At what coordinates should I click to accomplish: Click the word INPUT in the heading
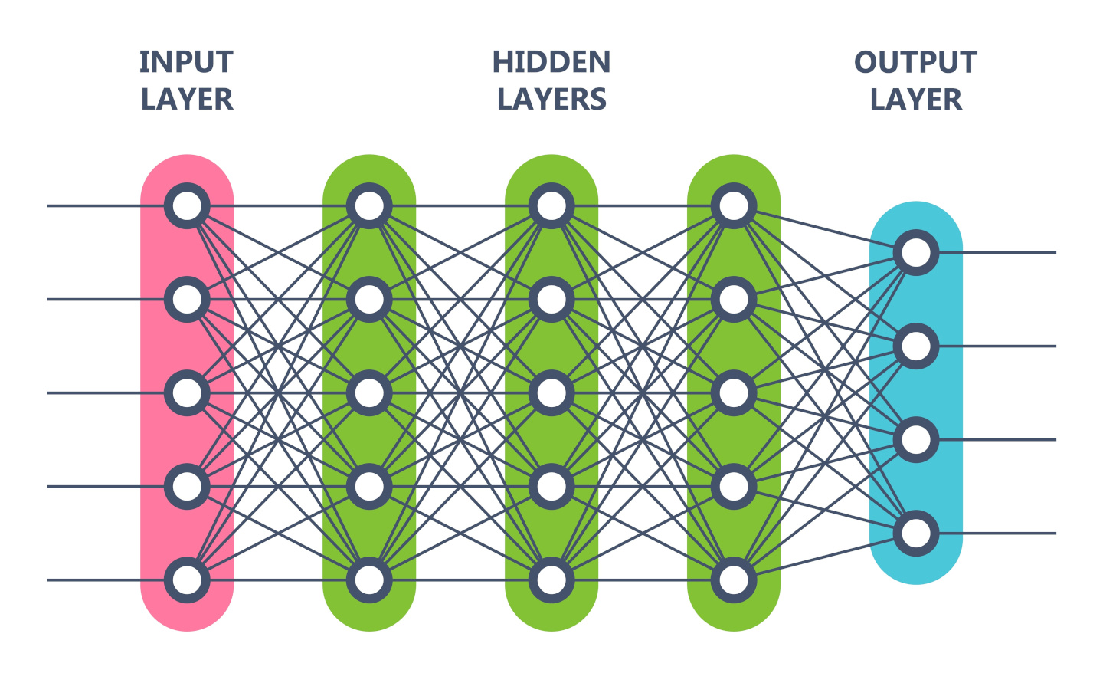[186, 62]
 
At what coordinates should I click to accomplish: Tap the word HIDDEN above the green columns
[551, 62]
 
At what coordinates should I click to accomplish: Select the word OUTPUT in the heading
[915, 62]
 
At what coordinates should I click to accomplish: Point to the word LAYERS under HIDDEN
[551, 100]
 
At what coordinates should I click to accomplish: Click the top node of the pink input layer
[187, 206]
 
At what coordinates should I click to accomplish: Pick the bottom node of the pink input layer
[187, 580]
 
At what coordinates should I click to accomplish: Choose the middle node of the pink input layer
[187, 393]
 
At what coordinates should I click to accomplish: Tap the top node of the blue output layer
[916, 253]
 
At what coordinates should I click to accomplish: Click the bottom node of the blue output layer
[916, 534]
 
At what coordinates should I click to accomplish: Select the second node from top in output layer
[916, 346]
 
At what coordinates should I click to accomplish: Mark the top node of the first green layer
[369, 206]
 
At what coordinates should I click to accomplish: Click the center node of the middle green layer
[551, 393]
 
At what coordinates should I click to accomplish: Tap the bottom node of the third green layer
[734, 580]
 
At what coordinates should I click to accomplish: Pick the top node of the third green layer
[734, 206]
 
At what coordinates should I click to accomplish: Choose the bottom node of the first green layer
[369, 580]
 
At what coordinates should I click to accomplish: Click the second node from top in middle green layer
[551, 300]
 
